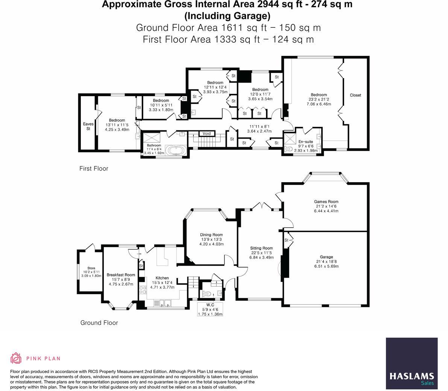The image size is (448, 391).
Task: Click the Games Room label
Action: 326,201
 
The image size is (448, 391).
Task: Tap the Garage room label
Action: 326,257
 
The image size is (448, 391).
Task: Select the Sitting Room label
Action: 261,248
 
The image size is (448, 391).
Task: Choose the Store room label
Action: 91,268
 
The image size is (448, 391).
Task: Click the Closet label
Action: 355,95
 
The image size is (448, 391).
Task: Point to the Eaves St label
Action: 88,126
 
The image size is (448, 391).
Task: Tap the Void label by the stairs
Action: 207,133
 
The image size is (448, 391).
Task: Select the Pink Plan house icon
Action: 16,358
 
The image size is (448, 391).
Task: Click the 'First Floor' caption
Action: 94,169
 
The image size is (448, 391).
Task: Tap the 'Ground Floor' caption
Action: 99,323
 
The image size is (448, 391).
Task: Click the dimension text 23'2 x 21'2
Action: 319,99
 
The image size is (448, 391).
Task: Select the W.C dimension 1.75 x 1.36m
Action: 210,314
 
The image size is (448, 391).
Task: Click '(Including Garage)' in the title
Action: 227,16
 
